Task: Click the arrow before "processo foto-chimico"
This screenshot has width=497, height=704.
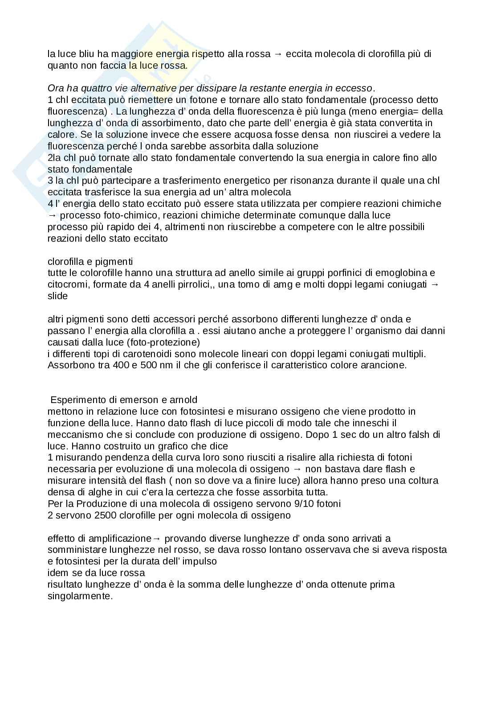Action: tap(53, 215)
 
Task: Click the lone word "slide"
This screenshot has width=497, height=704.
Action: tap(57, 296)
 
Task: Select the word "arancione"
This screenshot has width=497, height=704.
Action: tap(385, 366)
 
